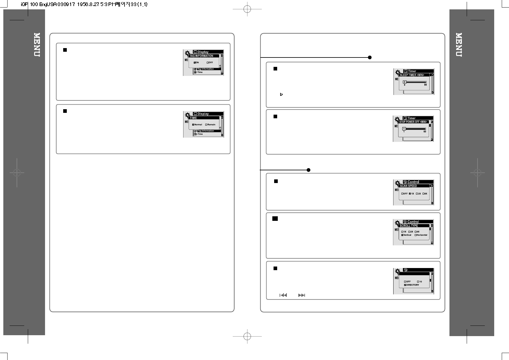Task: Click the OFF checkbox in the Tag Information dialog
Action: pyautogui.click(x=208, y=63)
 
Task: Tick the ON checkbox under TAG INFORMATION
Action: pyautogui.click(x=195, y=63)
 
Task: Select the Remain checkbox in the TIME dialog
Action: pyautogui.click(x=206, y=125)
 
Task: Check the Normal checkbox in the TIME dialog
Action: pyautogui.click(x=193, y=125)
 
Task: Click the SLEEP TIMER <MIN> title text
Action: pyautogui.click(x=412, y=75)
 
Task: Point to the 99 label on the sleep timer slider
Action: pyautogui.click(x=425, y=85)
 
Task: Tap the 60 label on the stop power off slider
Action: pyautogui.click(x=425, y=132)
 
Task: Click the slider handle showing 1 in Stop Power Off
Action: pyautogui.click(x=404, y=129)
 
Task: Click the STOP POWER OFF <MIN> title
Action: pyautogui.click(x=413, y=122)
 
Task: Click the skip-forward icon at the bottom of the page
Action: pyautogui.click(x=301, y=295)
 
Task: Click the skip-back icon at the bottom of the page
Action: pyautogui.click(x=283, y=295)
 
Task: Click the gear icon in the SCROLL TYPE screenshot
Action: pyautogui.click(x=398, y=224)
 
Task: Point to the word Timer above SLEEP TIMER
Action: pyautogui.click(x=412, y=71)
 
